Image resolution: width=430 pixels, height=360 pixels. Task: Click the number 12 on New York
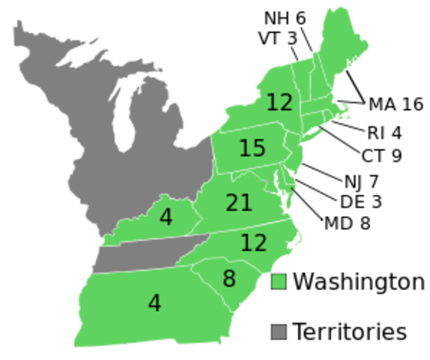pyautogui.click(x=279, y=102)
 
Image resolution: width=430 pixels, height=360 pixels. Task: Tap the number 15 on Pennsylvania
pyautogui.click(x=252, y=148)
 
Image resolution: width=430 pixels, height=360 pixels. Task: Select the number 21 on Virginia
pyautogui.click(x=239, y=202)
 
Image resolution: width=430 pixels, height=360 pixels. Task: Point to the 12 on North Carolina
pyautogui.click(x=254, y=242)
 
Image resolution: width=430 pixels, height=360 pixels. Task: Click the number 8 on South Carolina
pyautogui.click(x=229, y=279)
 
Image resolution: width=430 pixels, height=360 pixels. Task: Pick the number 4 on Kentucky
pyautogui.click(x=166, y=217)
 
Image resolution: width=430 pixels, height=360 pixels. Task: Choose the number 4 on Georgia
pyautogui.click(x=154, y=303)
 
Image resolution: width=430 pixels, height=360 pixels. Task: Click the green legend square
pyautogui.click(x=279, y=282)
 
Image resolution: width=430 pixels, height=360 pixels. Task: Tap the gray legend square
pyautogui.click(x=279, y=331)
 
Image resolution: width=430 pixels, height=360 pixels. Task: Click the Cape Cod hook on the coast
pyautogui.click(x=346, y=116)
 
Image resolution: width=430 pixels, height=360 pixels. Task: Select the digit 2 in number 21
pyautogui.click(x=232, y=202)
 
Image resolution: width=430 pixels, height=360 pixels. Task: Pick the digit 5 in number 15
pyautogui.click(x=258, y=148)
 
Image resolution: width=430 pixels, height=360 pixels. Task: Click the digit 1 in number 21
pyautogui.click(x=246, y=202)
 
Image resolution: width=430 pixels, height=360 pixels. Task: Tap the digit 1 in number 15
pyautogui.click(x=244, y=148)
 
